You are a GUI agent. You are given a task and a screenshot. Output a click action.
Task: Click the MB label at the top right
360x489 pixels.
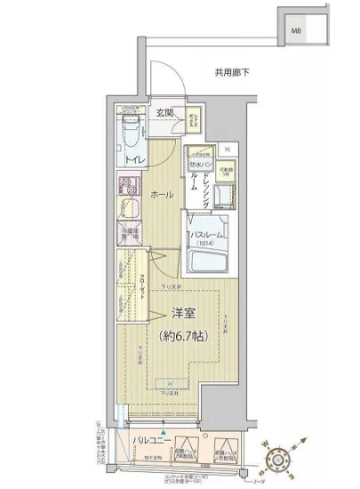tap(294, 34)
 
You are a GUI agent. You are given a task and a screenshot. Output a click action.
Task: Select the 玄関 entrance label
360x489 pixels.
tap(165, 112)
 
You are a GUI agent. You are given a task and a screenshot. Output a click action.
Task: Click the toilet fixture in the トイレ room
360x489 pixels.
tap(130, 132)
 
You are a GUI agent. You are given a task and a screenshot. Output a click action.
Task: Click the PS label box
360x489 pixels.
tap(227, 149)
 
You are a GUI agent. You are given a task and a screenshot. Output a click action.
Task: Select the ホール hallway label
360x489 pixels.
tap(161, 195)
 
